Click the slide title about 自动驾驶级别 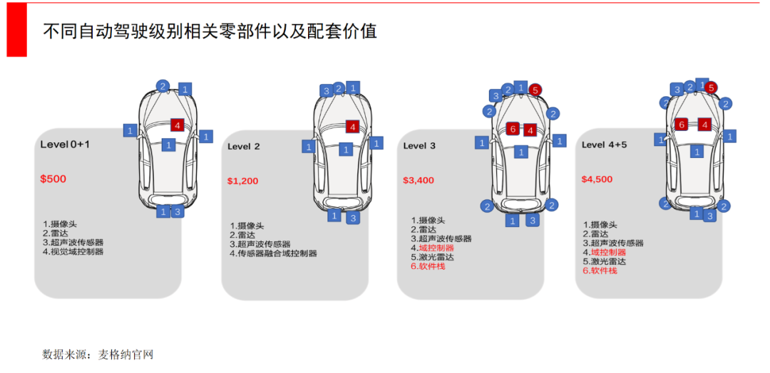(x=210, y=31)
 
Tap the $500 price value (x=53, y=179)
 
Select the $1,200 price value (x=242, y=181)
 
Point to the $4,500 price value (x=597, y=179)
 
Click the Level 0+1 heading (x=65, y=145)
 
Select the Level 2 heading (x=244, y=147)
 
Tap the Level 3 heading (x=419, y=146)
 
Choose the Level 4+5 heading (x=604, y=145)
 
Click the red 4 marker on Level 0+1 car (x=178, y=125)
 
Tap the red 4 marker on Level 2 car (x=351, y=127)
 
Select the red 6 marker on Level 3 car (x=512, y=129)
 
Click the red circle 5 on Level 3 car (x=535, y=90)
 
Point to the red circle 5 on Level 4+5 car (x=711, y=88)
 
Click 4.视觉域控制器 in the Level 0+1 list (x=73, y=251)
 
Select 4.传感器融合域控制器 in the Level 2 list (x=273, y=253)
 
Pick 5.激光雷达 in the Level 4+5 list (x=604, y=261)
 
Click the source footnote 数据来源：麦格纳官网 (x=98, y=354)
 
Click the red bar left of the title (x=16, y=29)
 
